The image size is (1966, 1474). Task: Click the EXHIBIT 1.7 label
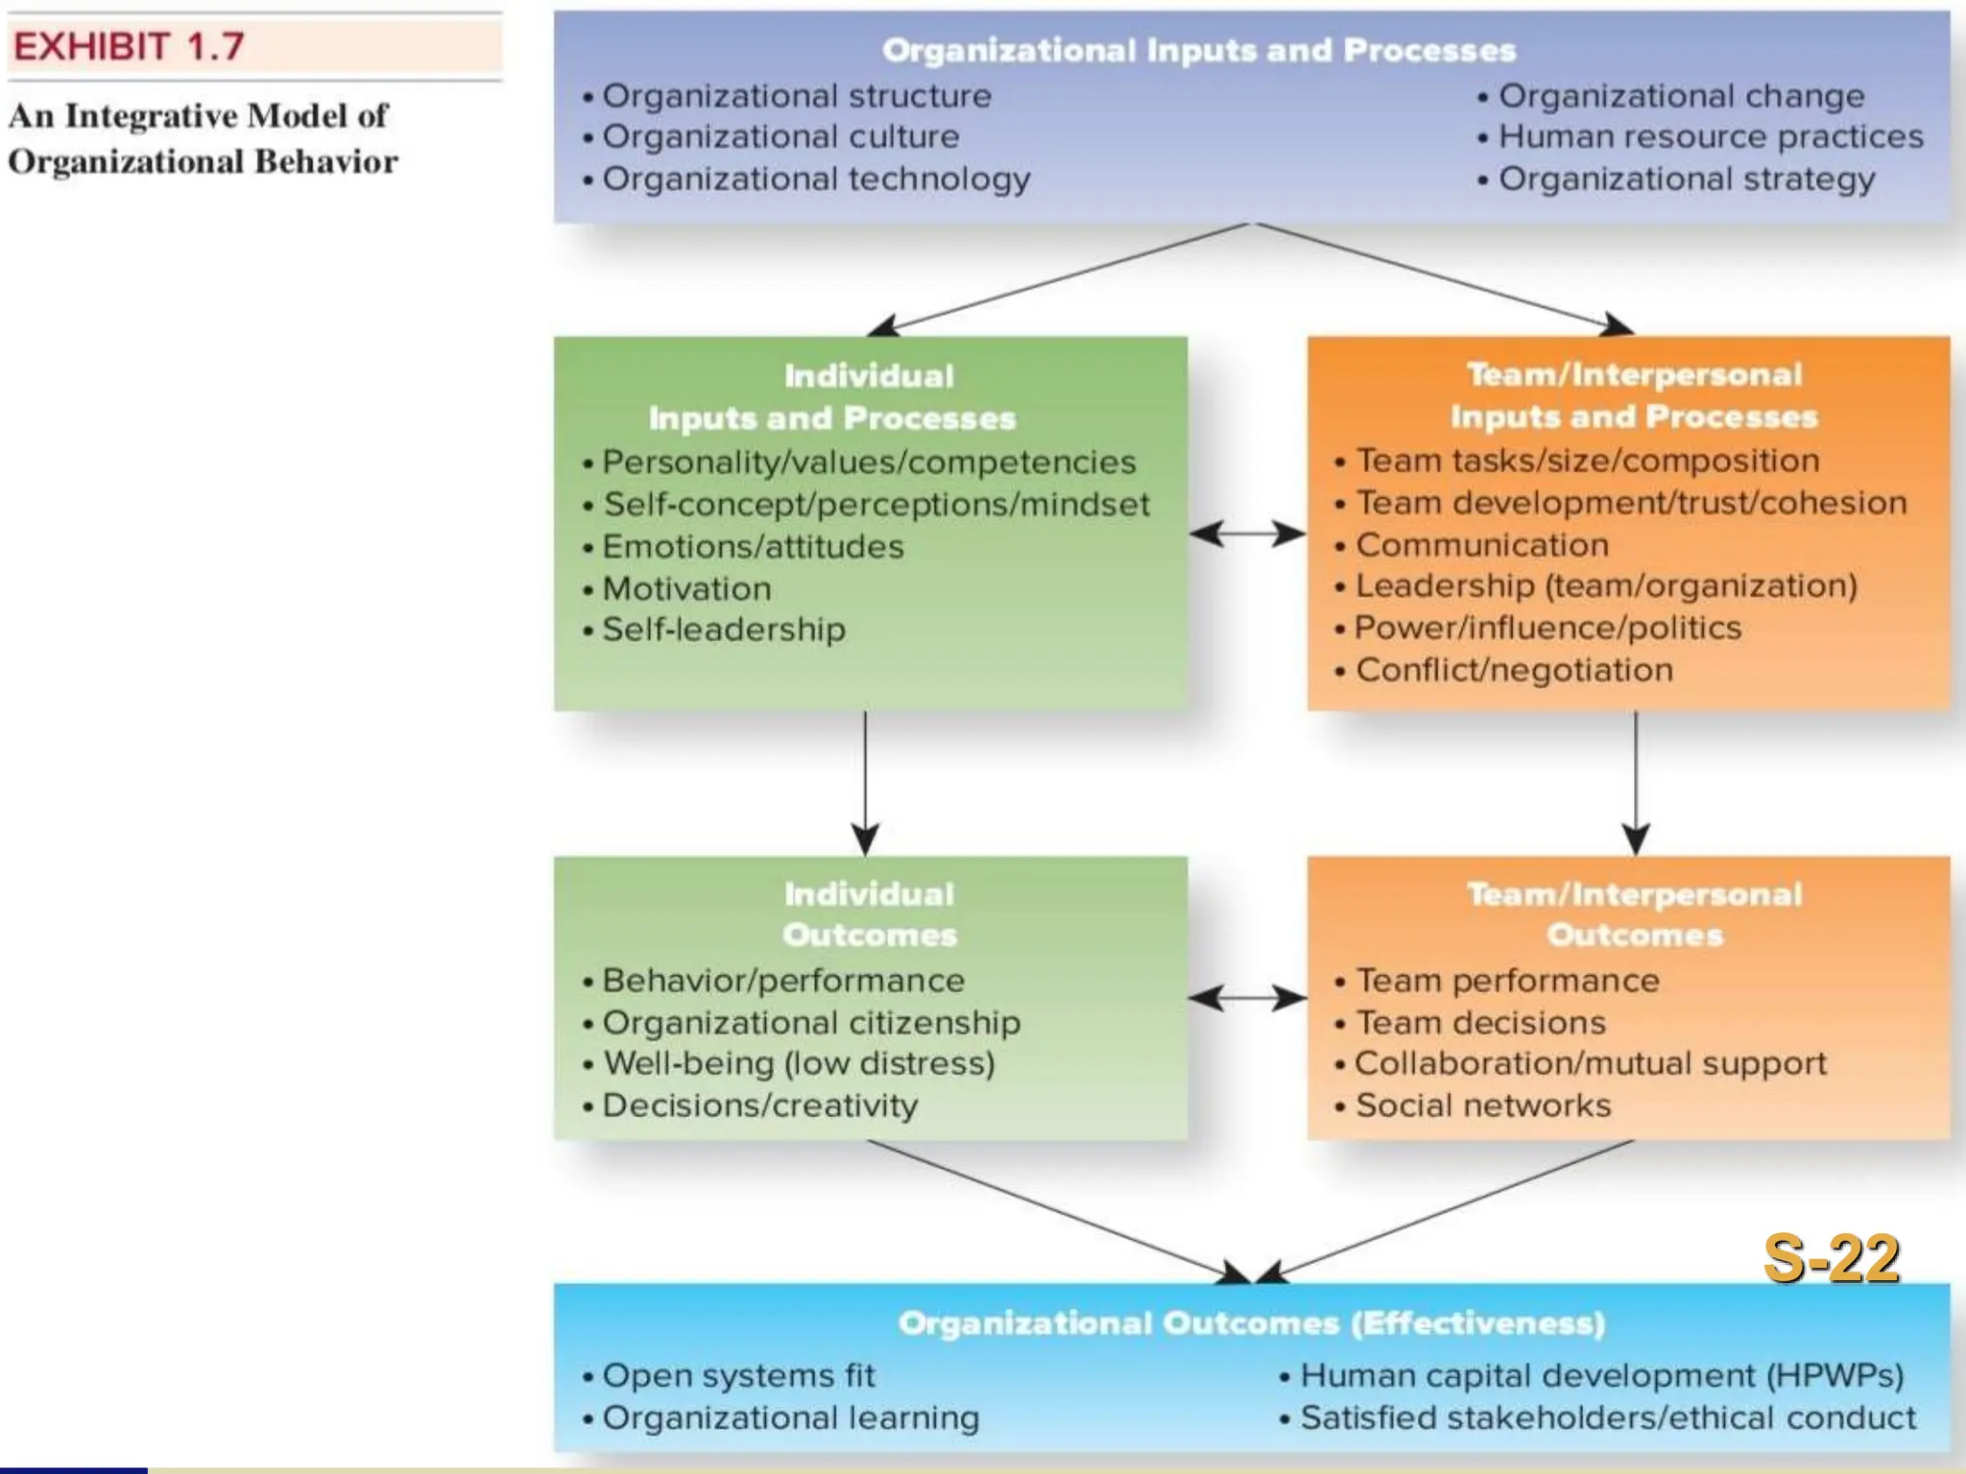[x=130, y=46]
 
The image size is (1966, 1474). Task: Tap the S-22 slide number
[x=1831, y=1258]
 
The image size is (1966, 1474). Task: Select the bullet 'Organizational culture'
[x=779, y=137]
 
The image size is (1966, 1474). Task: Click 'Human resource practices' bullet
[x=1710, y=137]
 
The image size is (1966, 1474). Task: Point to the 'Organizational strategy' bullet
[x=1686, y=179]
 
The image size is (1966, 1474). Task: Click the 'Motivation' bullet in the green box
[x=685, y=588]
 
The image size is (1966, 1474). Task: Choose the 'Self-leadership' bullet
[x=723, y=630]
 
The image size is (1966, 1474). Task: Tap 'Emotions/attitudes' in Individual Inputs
[x=752, y=547]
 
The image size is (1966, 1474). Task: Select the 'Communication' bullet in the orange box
[x=1481, y=545]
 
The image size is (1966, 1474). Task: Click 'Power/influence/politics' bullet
[x=1546, y=628]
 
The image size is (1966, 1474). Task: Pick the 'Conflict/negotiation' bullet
[x=1513, y=670]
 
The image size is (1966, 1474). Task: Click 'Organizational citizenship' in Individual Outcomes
[x=810, y=1023]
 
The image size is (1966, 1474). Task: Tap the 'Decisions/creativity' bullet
[x=758, y=1105]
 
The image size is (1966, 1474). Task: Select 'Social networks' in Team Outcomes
[x=1482, y=1105]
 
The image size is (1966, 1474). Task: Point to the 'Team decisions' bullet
[x=1479, y=1023]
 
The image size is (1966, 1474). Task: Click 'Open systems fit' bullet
[x=737, y=1376]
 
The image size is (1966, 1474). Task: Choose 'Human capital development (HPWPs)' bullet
[x=1600, y=1376]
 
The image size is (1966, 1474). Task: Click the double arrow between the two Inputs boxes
[x=1247, y=534]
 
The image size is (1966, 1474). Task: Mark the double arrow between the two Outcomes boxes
[x=1247, y=998]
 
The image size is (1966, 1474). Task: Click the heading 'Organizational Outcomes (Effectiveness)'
[x=1251, y=1323]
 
